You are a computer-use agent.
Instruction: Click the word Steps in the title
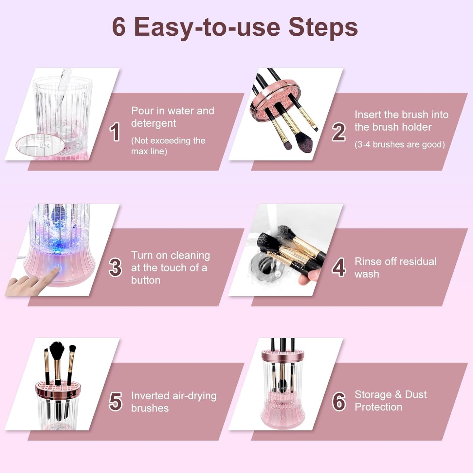click(x=323, y=27)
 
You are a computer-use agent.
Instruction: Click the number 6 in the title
click(x=119, y=27)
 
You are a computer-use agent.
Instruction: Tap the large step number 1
click(x=115, y=132)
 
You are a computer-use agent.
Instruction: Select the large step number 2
click(x=338, y=132)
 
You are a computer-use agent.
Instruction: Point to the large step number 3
click(x=115, y=267)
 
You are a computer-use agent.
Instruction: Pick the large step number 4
click(x=338, y=267)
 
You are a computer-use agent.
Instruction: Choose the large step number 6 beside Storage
click(x=339, y=402)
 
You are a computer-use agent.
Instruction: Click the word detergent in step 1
click(x=154, y=123)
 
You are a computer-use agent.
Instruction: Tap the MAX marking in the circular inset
click(x=45, y=146)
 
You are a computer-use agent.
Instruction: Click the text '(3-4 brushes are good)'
click(x=399, y=144)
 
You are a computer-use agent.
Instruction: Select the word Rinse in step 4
click(x=368, y=262)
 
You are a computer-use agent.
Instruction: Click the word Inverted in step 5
click(x=150, y=396)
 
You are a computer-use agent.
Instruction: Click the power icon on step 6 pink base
click(x=282, y=418)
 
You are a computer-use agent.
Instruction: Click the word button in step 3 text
click(x=146, y=280)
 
